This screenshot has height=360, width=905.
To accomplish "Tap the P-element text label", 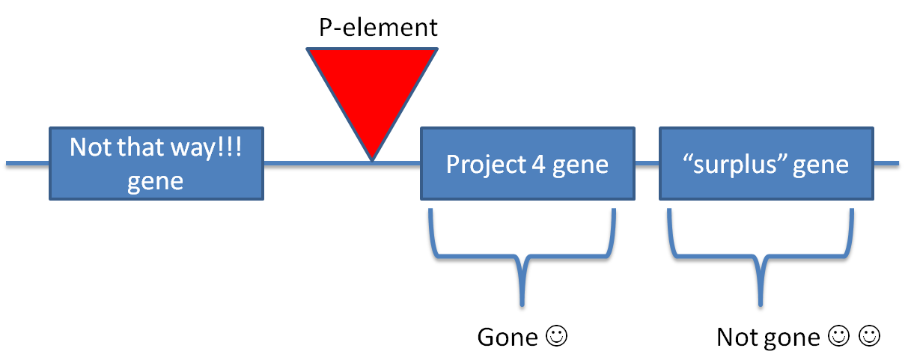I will [x=378, y=28].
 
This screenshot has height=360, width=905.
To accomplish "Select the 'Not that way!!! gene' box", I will [x=156, y=164].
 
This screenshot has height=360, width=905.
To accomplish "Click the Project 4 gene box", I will [x=527, y=164].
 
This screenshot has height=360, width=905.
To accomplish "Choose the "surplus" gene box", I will [x=766, y=164].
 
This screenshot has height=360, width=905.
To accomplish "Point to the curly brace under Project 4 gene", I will [x=522, y=258].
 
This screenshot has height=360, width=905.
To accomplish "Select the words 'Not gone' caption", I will [x=767, y=338].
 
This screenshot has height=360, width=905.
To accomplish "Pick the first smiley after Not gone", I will [x=838, y=337].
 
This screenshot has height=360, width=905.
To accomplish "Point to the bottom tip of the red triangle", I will [x=372, y=158].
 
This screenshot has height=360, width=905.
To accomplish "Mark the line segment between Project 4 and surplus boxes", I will [x=647, y=164].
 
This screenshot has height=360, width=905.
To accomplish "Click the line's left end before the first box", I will [x=9, y=164].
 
